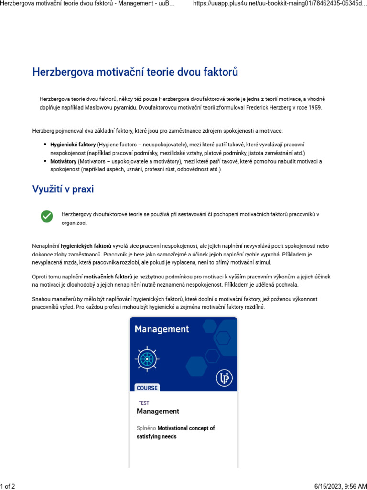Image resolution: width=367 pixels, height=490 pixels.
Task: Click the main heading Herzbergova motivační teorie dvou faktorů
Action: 135,72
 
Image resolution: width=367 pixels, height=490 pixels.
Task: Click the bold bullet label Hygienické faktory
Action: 73,145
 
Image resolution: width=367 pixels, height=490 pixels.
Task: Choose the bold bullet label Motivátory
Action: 63,162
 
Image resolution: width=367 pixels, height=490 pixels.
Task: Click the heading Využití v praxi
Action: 63,189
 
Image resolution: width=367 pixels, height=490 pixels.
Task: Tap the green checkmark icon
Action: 46,216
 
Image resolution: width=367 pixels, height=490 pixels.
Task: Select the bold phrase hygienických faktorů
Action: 86,246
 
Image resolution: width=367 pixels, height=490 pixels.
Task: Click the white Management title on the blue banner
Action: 162,329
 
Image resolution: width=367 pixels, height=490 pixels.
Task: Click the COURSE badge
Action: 147,388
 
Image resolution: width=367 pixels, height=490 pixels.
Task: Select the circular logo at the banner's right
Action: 223,378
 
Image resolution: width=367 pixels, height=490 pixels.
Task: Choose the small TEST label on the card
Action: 143,403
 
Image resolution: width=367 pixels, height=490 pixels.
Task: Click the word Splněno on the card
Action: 146,428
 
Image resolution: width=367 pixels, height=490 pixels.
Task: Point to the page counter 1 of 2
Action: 8,486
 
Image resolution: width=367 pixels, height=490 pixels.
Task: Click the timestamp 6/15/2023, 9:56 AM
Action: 341,486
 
